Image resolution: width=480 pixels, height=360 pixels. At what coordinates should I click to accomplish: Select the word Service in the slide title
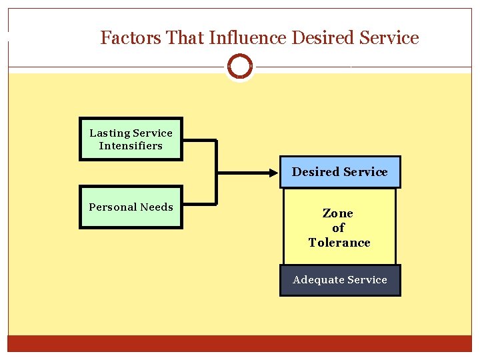coord(389,38)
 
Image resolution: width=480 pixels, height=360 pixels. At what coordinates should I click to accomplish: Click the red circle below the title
coord(240,67)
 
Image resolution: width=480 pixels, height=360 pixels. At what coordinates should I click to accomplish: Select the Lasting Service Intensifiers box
coord(131,139)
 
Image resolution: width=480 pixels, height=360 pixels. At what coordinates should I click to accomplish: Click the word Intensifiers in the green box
coord(131,146)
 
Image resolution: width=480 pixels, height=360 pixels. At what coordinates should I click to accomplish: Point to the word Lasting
coord(108,133)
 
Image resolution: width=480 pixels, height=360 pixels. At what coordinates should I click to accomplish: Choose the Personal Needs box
coord(131,207)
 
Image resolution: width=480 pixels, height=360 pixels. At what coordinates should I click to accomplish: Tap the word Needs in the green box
coord(157,207)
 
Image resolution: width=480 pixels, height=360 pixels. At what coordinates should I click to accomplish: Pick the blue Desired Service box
coord(339,172)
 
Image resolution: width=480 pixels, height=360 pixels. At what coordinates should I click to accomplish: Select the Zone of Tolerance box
coord(339,227)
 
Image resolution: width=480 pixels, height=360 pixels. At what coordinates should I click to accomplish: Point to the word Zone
coord(338,213)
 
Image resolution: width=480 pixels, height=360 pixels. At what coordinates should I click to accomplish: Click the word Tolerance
coord(339,243)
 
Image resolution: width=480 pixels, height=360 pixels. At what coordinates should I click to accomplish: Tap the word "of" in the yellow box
coord(338,228)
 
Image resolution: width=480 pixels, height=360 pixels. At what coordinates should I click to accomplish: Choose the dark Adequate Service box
coord(340,280)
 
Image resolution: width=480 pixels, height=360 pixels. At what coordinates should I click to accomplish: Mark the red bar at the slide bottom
coord(240,343)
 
